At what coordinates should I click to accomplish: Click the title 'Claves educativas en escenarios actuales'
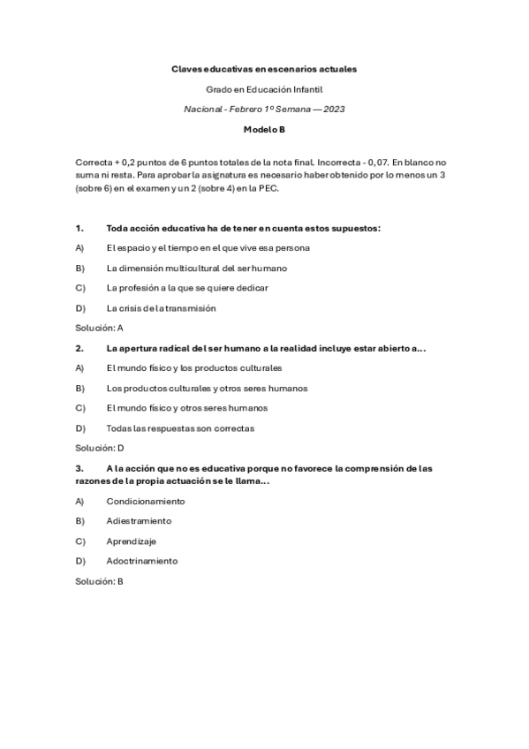[x=264, y=68]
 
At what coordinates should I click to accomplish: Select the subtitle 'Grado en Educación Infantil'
[x=264, y=88]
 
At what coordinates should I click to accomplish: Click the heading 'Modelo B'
[x=264, y=129]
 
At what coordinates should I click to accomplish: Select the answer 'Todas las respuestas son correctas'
[x=180, y=428]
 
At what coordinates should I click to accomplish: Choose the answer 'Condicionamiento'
[x=146, y=501]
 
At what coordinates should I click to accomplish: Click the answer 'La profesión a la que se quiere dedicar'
[x=187, y=288]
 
